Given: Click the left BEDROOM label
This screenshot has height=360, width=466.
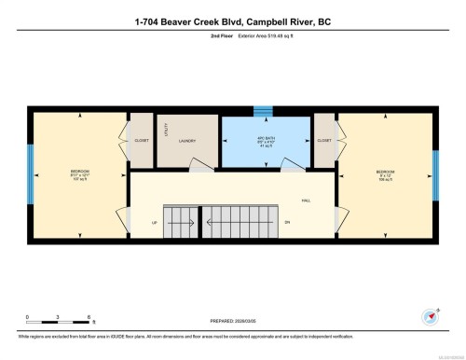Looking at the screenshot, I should click(80, 173).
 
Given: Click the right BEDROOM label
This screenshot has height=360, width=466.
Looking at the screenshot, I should click(385, 173).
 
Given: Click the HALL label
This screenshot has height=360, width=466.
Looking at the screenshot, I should click(306, 199).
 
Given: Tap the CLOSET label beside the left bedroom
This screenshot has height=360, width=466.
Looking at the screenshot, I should click(142, 141).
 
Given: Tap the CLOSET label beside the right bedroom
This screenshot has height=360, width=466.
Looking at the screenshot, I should click(324, 141).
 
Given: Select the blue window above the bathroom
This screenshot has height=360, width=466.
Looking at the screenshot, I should click(264, 111).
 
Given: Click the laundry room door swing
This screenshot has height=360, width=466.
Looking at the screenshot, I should click(198, 165).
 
